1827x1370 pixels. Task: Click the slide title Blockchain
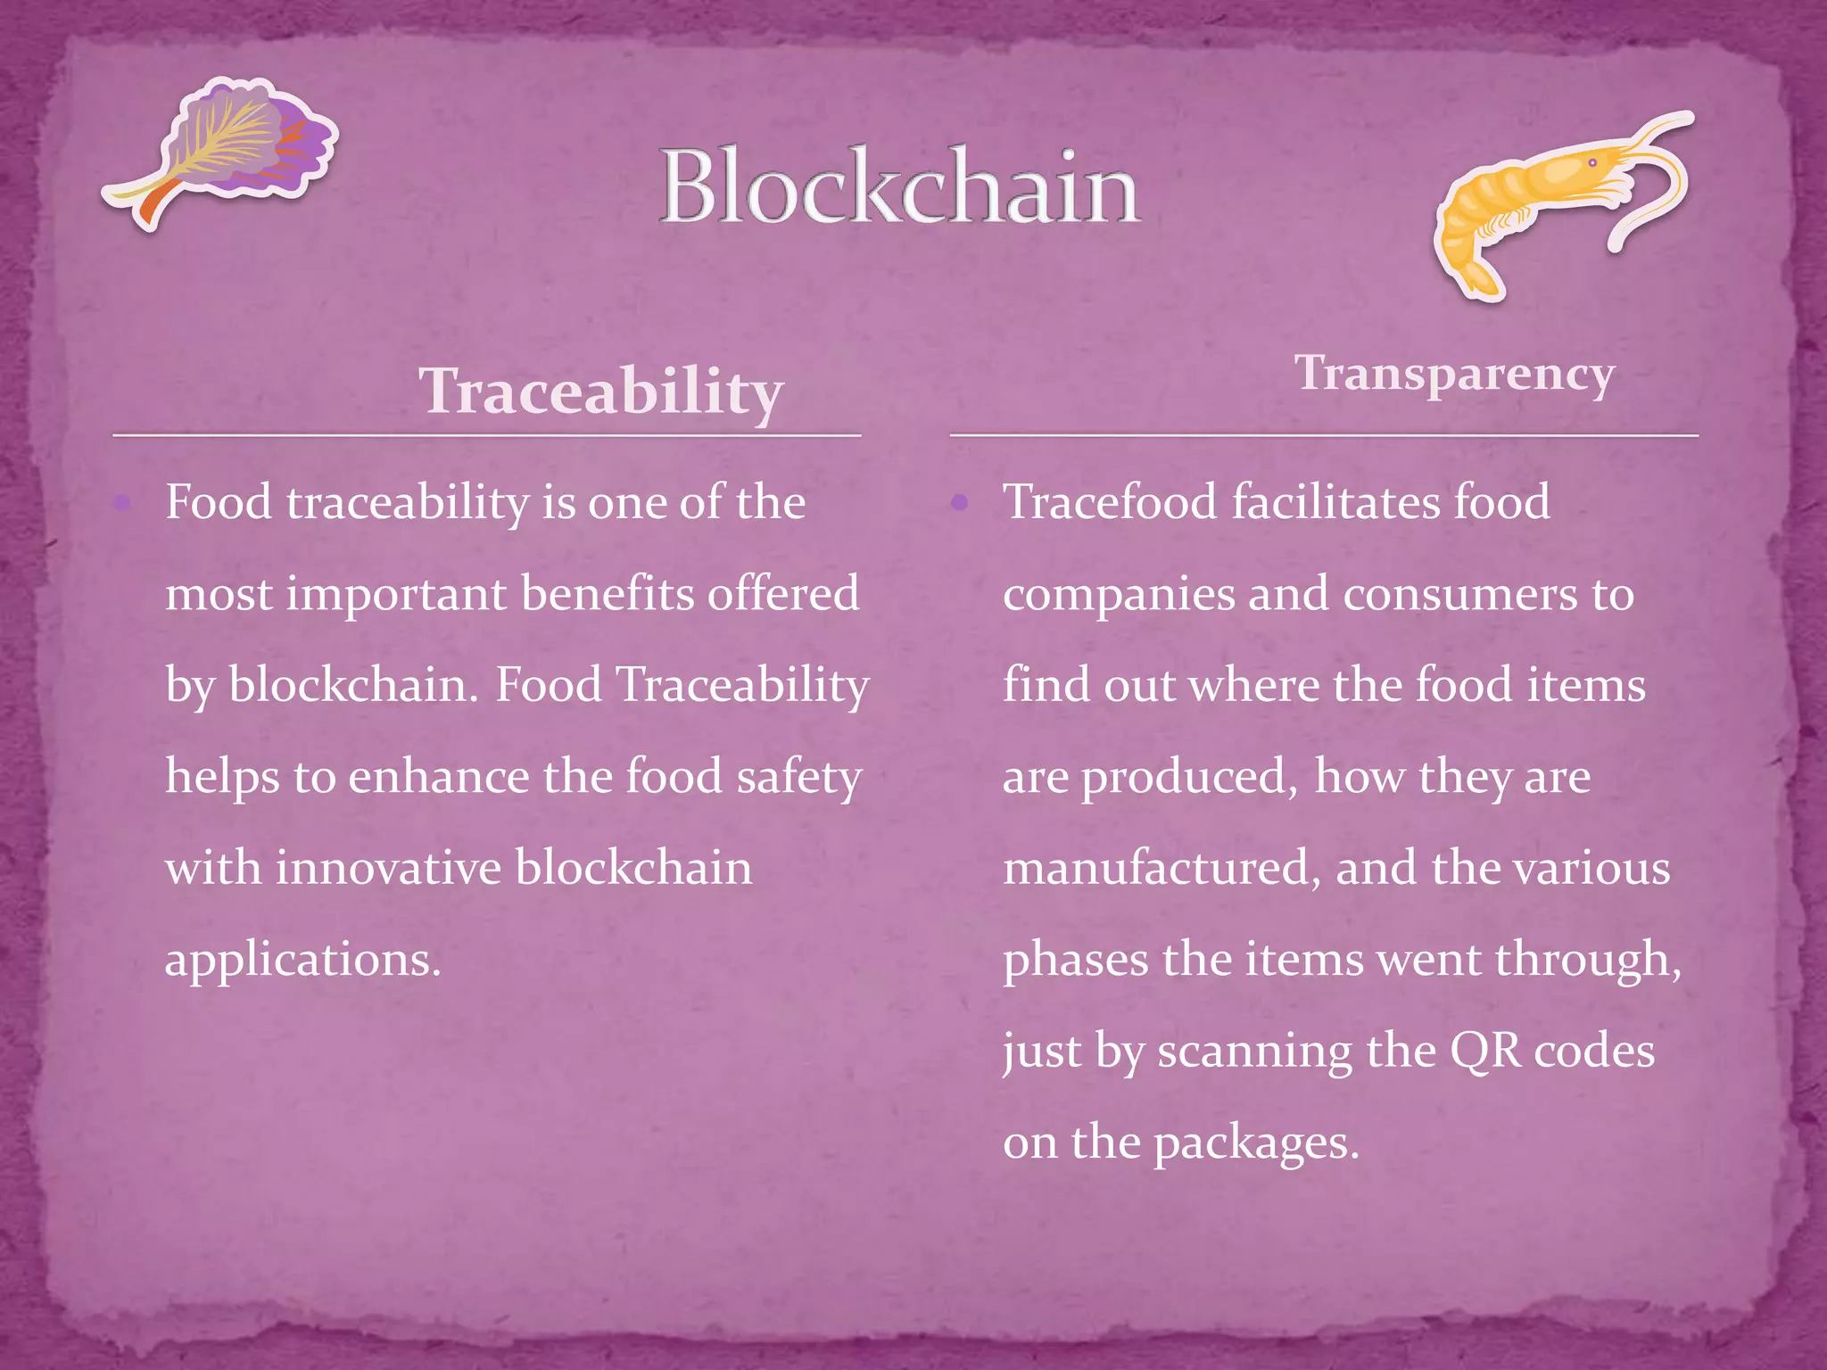point(899,187)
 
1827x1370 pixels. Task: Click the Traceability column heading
point(600,392)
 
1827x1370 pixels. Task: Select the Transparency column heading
point(1454,374)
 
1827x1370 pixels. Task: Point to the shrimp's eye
point(1592,162)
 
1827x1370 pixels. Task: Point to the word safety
point(798,777)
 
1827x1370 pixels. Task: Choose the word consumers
point(1459,594)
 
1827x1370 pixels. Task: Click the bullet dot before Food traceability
point(123,504)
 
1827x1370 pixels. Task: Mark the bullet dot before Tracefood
point(960,504)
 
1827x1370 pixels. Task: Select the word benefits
point(607,594)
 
